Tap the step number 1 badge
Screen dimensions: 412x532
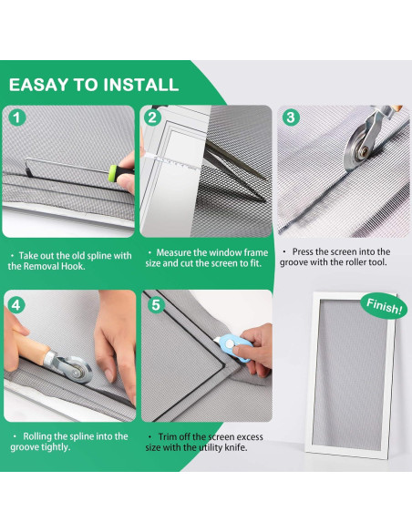[16, 118]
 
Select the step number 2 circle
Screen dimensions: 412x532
[152, 118]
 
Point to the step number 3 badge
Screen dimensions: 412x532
[291, 118]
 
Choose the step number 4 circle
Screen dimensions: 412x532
[15, 305]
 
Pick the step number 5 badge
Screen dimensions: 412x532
[156, 305]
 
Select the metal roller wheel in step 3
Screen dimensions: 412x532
[359, 148]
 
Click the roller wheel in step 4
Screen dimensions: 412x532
[76, 369]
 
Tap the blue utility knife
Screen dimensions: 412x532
[234, 346]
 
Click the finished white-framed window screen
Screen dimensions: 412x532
[351, 375]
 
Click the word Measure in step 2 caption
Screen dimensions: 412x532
[174, 252]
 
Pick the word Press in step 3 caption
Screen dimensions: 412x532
[303, 251]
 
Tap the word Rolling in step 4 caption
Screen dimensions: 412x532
[37, 436]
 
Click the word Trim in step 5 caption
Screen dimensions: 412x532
[166, 437]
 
